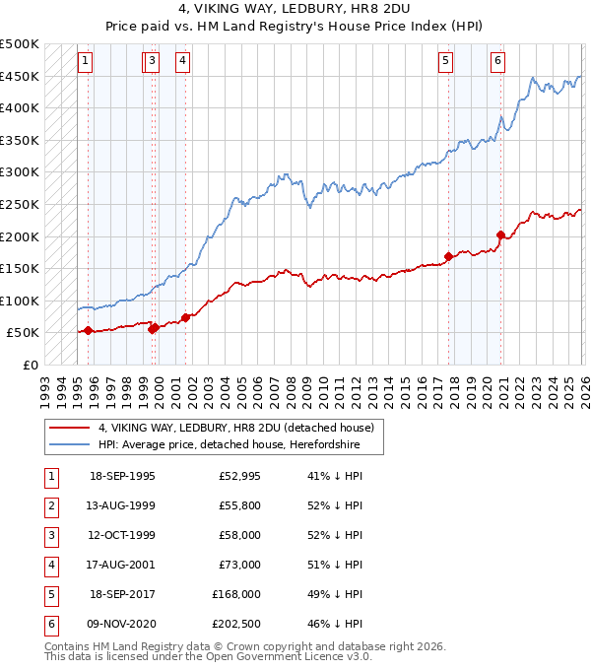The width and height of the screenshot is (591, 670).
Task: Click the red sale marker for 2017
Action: (449, 257)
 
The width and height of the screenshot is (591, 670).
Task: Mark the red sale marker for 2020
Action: (500, 234)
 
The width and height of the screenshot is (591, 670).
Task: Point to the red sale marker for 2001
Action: (185, 317)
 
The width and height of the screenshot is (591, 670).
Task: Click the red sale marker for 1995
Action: (89, 330)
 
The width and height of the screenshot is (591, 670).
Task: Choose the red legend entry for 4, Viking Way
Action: (235, 429)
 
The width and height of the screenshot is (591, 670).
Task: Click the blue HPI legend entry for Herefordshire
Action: (229, 445)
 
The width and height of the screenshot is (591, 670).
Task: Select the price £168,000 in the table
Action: (236, 594)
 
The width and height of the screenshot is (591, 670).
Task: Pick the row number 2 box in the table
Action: (49, 505)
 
